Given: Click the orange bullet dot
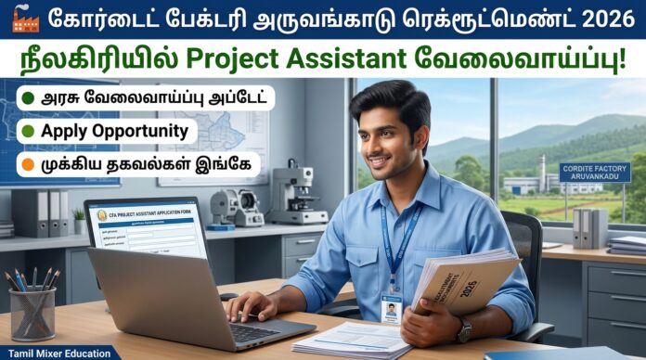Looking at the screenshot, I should [29, 165].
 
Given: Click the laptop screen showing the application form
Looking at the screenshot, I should [149, 228].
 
